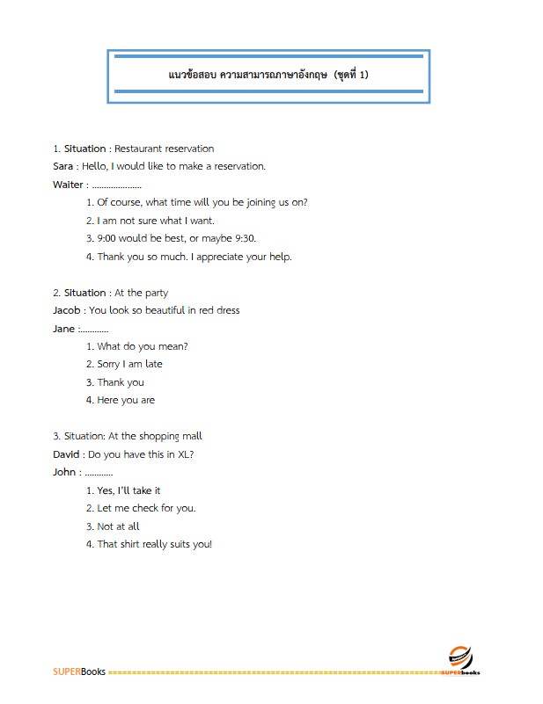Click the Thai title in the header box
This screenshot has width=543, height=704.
click(268, 75)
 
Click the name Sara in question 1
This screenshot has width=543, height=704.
click(64, 166)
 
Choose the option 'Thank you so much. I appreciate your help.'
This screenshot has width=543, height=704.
click(194, 257)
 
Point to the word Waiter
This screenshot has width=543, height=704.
click(69, 185)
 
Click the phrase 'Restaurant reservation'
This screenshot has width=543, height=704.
click(165, 149)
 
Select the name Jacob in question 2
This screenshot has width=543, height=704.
click(68, 310)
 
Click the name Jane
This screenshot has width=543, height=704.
click(64, 329)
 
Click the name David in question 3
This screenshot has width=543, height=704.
click(67, 454)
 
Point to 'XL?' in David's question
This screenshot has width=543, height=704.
click(183, 454)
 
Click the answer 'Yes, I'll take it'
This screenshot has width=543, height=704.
click(128, 490)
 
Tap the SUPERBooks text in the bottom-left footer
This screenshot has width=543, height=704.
click(79, 672)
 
